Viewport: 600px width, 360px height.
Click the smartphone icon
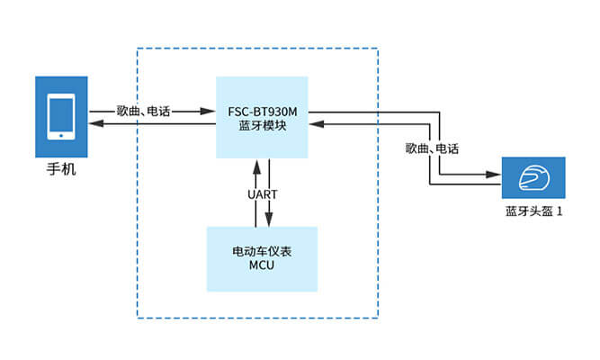click(x=61, y=115)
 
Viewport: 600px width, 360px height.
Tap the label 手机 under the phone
click(x=61, y=168)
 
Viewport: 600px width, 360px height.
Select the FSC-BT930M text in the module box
click(x=263, y=112)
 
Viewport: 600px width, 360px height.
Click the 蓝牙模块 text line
click(x=263, y=127)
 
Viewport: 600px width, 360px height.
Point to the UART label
click(x=263, y=193)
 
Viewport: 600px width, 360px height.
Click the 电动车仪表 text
click(x=263, y=251)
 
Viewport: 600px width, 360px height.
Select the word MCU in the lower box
click(x=263, y=267)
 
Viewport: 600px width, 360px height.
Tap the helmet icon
click(x=533, y=178)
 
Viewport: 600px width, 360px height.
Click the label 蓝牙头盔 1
click(x=533, y=212)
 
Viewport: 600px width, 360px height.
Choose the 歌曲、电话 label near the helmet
click(x=433, y=148)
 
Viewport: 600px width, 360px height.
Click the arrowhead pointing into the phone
click(x=94, y=125)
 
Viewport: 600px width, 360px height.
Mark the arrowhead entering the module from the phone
click(x=211, y=112)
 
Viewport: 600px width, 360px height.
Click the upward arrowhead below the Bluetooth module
click(x=256, y=163)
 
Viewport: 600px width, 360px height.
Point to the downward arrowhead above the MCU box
click(x=269, y=220)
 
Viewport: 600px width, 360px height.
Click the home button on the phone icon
click(x=61, y=136)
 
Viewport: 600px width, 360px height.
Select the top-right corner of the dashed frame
click(x=378, y=48)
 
